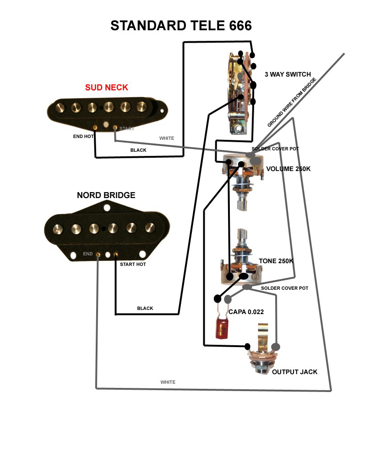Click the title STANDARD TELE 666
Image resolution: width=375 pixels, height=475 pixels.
click(181, 26)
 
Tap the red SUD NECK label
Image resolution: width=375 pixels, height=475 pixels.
click(106, 88)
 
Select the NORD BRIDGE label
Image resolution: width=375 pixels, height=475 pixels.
click(106, 195)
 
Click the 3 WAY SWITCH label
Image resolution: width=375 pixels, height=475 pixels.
click(288, 75)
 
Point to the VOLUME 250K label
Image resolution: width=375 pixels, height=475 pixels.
click(288, 169)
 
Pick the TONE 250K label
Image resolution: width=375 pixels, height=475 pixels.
click(276, 261)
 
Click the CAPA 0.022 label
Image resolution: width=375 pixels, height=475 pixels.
click(246, 312)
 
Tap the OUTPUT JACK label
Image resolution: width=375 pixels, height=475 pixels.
click(294, 372)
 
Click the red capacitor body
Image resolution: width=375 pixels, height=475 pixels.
click(223, 327)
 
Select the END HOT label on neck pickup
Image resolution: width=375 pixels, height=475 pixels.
click(83, 137)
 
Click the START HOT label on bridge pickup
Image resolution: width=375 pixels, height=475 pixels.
click(133, 265)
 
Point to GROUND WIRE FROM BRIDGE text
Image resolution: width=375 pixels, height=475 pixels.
click(292, 102)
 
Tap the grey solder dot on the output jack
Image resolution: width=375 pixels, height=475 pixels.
click(276, 347)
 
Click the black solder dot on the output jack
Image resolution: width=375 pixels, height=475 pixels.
click(247, 346)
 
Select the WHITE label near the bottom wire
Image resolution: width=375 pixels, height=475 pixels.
click(168, 382)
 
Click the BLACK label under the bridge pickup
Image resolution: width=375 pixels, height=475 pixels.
click(145, 309)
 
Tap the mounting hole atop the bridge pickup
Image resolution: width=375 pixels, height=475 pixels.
click(107, 208)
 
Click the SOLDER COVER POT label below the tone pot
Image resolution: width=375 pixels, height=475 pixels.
click(285, 288)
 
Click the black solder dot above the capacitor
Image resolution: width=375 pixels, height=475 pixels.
click(218, 299)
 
